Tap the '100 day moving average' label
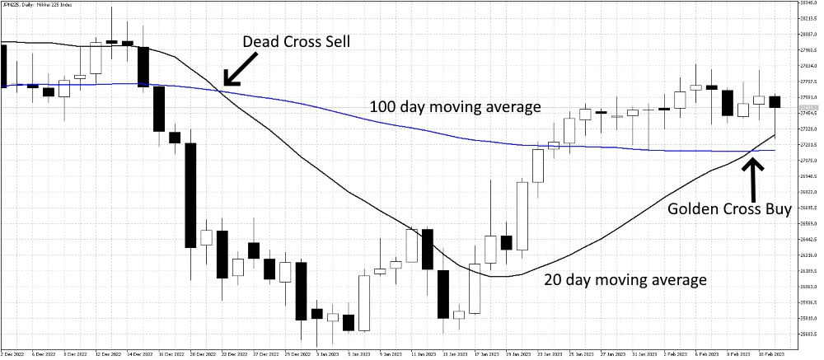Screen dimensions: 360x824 454,107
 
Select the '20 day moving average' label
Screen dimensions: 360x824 625,280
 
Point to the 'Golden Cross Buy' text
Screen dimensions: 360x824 730,209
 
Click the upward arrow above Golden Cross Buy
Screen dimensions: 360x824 751,175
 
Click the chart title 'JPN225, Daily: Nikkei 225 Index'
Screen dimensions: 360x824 37,4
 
